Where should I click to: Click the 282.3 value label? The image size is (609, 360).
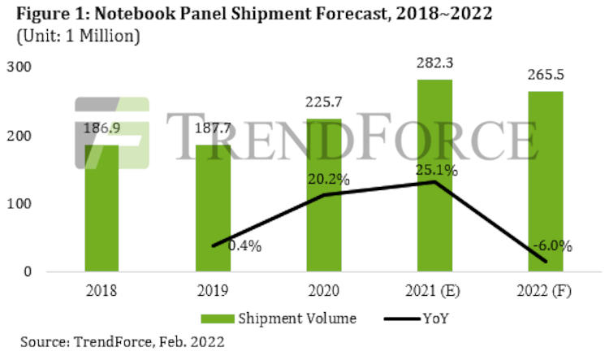click(435, 70)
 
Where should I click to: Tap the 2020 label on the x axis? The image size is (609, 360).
click(325, 290)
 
